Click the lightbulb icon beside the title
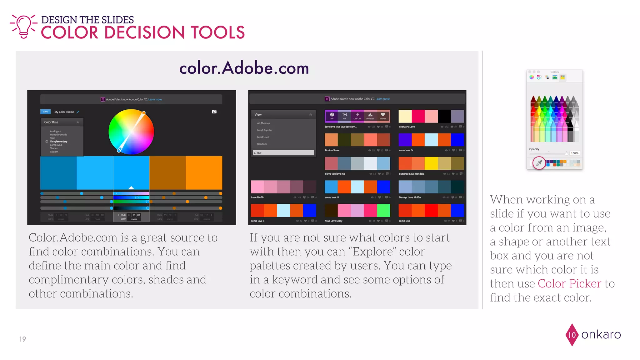(x=24, y=26)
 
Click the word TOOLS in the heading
(x=217, y=32)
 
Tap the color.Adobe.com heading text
(x=244, y=68)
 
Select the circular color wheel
(x=131, y=132)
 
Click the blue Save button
(x=46, y=112)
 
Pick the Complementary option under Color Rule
(x=58, y=142)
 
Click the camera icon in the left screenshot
(x=214, y=112)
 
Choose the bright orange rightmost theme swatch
(x=204, y=173)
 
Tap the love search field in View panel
(x=283, y=153)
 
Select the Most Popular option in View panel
(x=265, y=130)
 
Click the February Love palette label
(x=407, y=127)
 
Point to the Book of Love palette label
(x=332, y=150)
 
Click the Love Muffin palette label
(x=258, y=197)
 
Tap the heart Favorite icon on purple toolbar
(x=383, y=115)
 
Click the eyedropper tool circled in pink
(x=539, y=163)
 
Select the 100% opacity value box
(x=575, y=153)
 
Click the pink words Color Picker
(x=569, y=283)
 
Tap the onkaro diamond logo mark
(x=572, y=335)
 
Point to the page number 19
(x=22, y=339)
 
